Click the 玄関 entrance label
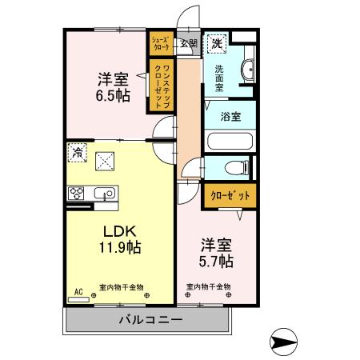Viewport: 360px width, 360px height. pyautogui.click(x=189, y=44)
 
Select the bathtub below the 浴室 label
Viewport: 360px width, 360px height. pyautogui.click(x=230, y=142)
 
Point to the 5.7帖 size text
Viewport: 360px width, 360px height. pyautogui.click(x=216, y=261)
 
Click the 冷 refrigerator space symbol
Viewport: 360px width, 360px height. pyautogui.click(x=78, y=150)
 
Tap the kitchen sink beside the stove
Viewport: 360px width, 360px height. pyautogui.click(x=105, y=193)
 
